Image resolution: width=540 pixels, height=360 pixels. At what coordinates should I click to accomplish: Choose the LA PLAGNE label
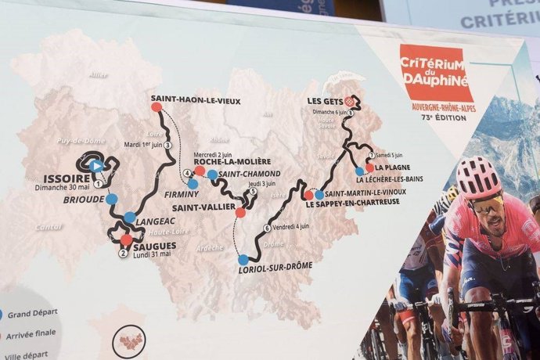tap(391, 167)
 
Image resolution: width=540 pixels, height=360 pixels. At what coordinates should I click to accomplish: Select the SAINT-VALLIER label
tap(200, 208)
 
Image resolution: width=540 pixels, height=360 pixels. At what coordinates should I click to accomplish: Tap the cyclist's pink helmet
tap(479, 177)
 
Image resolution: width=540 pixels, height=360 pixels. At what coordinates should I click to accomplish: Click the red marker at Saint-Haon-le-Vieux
tap(156, 107)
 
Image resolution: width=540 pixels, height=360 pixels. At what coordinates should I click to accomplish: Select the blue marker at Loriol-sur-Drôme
tap(243, 259)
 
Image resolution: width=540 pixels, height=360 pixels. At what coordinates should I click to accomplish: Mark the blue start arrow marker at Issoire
tap(95, 165)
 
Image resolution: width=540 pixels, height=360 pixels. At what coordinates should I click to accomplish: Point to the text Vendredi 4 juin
tap(293, 228)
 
